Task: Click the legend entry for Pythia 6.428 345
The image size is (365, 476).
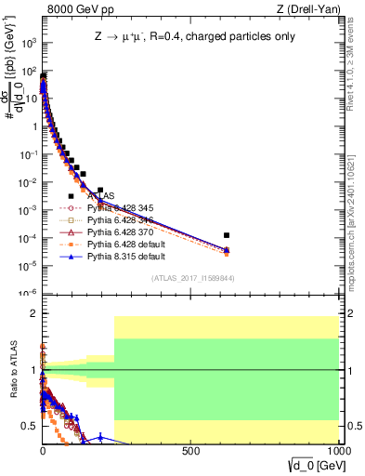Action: [x=119, y=208]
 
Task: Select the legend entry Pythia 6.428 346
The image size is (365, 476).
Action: [x=119, y=219]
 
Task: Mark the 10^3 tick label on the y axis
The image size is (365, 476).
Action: [x=27, y=43]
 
